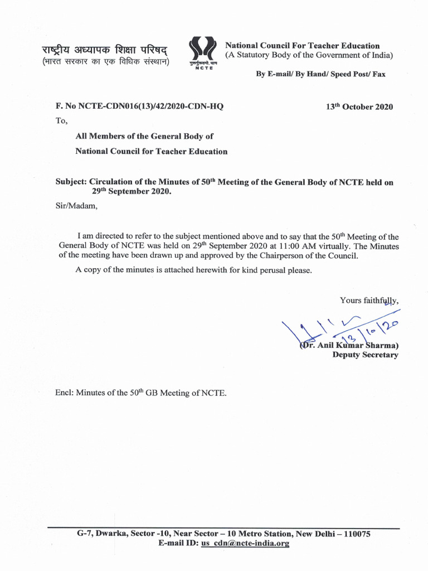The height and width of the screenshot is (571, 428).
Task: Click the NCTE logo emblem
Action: [202, 51]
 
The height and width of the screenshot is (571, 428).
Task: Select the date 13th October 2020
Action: [359, 107]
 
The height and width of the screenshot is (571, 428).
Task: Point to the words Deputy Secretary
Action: [365, 355]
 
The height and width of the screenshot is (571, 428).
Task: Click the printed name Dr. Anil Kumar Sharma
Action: [350, 345]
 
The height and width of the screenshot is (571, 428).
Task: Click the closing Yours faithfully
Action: [369, 301]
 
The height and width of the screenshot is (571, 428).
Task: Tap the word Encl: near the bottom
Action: [65, 393]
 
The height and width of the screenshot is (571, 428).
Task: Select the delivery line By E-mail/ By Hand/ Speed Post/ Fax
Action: [320, 74]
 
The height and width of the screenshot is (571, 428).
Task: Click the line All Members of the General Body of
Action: [144, 136]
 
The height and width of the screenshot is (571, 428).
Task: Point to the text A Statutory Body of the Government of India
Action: [309, 55]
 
